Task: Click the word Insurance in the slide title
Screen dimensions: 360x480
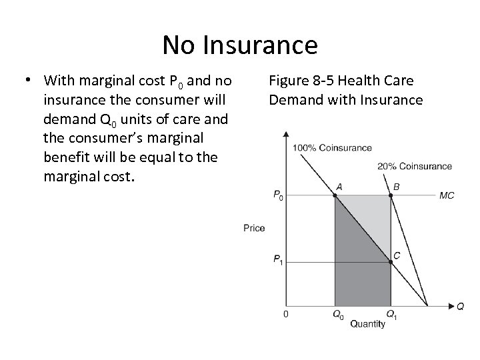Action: pos(266,45)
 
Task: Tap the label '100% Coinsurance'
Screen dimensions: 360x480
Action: pos(331,147)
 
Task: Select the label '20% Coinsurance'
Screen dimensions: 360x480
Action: pos(414,166)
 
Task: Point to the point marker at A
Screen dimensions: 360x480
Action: pos(334,195)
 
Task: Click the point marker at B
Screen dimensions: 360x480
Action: pos(391,195)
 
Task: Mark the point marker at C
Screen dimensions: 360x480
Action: pos(391,262)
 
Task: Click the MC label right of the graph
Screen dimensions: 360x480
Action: pos(447,196)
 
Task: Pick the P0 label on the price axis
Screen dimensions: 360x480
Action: pos(278,195)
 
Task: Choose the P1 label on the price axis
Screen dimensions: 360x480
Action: pos(278,261)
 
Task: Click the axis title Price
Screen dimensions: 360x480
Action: pos(254,228)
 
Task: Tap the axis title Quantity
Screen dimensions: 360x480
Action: pos(367,325)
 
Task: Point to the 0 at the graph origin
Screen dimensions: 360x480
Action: pos(287,314)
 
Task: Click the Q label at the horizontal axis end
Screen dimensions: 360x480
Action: pos(461,307)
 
